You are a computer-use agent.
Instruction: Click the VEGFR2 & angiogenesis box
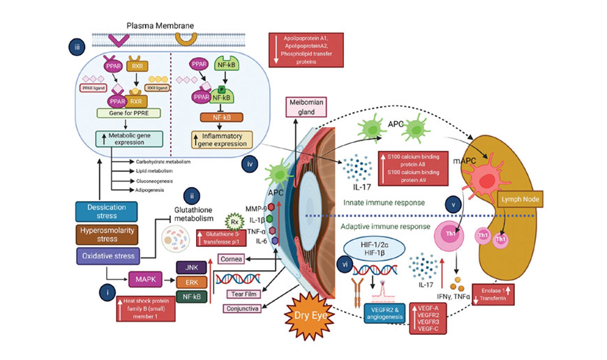[x=383, y=313]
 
